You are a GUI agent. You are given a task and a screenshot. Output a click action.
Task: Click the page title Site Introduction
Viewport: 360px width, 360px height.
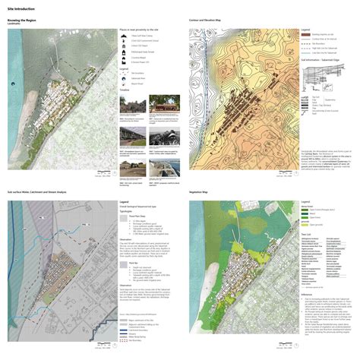[x=17, y=7]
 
